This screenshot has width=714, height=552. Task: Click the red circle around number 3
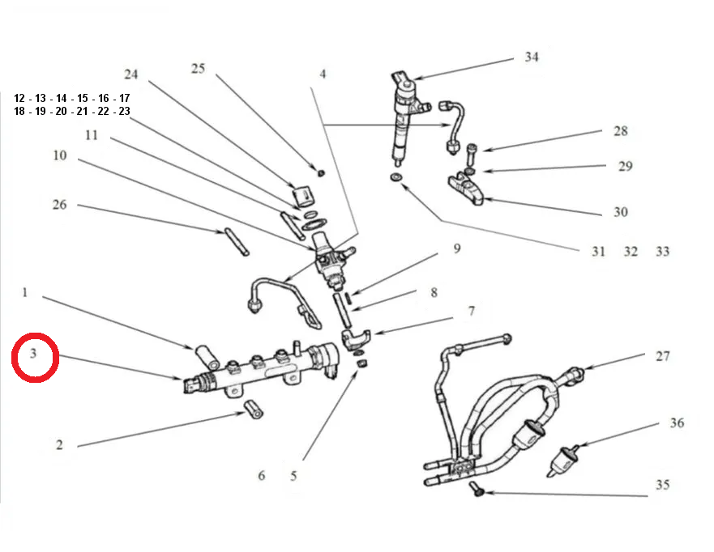pyautogui.click(x=35, y=357)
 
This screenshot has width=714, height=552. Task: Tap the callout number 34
pyautogui.click(x=531, y=57)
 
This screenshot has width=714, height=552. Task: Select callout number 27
pyautogui.click(x=663, y=356)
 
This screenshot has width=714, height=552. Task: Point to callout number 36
pyautogui.click(x=677, y=423)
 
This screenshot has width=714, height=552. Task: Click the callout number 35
pyautogui.click(x=663, y=486)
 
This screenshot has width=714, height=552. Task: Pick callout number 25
pyautogui.click(x=198, y=69)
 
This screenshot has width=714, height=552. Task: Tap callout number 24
pyautogui.click(x=131, y=74)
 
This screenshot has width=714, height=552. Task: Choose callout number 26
pyautogui.click(x=59, y=205)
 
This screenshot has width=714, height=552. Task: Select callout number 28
pyautogui.click(x=620, y=131)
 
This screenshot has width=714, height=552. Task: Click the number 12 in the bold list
pyautogui.click(x=20, y=98)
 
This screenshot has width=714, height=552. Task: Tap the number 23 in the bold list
pyautogui.click(x=123, y=112)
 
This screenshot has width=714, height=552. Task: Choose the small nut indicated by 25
pyautogui.click(x=321, y=172)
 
